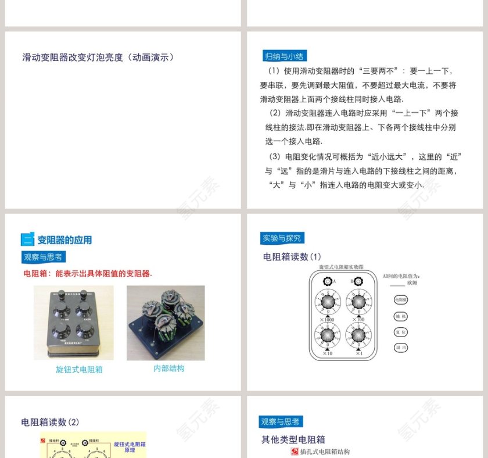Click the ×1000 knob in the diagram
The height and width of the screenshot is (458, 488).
(326, 302)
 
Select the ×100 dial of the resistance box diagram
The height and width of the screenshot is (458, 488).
(358, 302)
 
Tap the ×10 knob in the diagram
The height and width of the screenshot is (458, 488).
(326, 336)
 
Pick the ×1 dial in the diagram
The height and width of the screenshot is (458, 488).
(358, 336)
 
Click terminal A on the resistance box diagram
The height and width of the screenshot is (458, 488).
(328, 281)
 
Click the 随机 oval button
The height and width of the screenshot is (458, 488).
(401, 317)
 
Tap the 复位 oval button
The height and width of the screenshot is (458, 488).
(401, 332)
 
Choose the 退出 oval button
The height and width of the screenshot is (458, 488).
(401, 348)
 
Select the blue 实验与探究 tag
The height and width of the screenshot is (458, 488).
(282, 238)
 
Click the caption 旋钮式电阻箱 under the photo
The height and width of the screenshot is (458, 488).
(79, 370)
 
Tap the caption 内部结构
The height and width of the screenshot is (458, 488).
(169, 368)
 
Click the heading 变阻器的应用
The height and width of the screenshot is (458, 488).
(64, 240)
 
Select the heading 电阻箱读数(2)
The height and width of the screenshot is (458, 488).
(50, 423)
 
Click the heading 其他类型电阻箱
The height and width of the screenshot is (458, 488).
(293, 439)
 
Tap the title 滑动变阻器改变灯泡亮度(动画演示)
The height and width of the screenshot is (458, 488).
(98, 58)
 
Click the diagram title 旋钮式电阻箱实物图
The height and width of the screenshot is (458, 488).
(341, 267)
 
